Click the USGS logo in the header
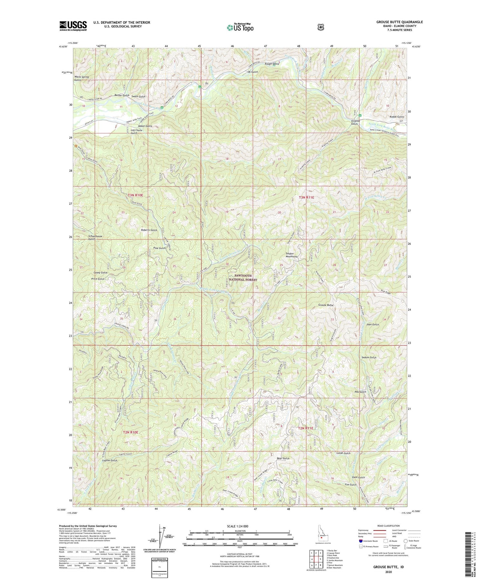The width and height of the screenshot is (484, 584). [73, 26]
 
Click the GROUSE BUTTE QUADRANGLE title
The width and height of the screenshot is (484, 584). [399, 22]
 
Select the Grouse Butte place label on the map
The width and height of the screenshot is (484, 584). [326, 305]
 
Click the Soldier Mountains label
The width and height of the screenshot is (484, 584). [289, 254]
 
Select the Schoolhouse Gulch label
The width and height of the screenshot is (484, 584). [95, 237]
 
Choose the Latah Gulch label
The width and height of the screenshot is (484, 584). [343, 453]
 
